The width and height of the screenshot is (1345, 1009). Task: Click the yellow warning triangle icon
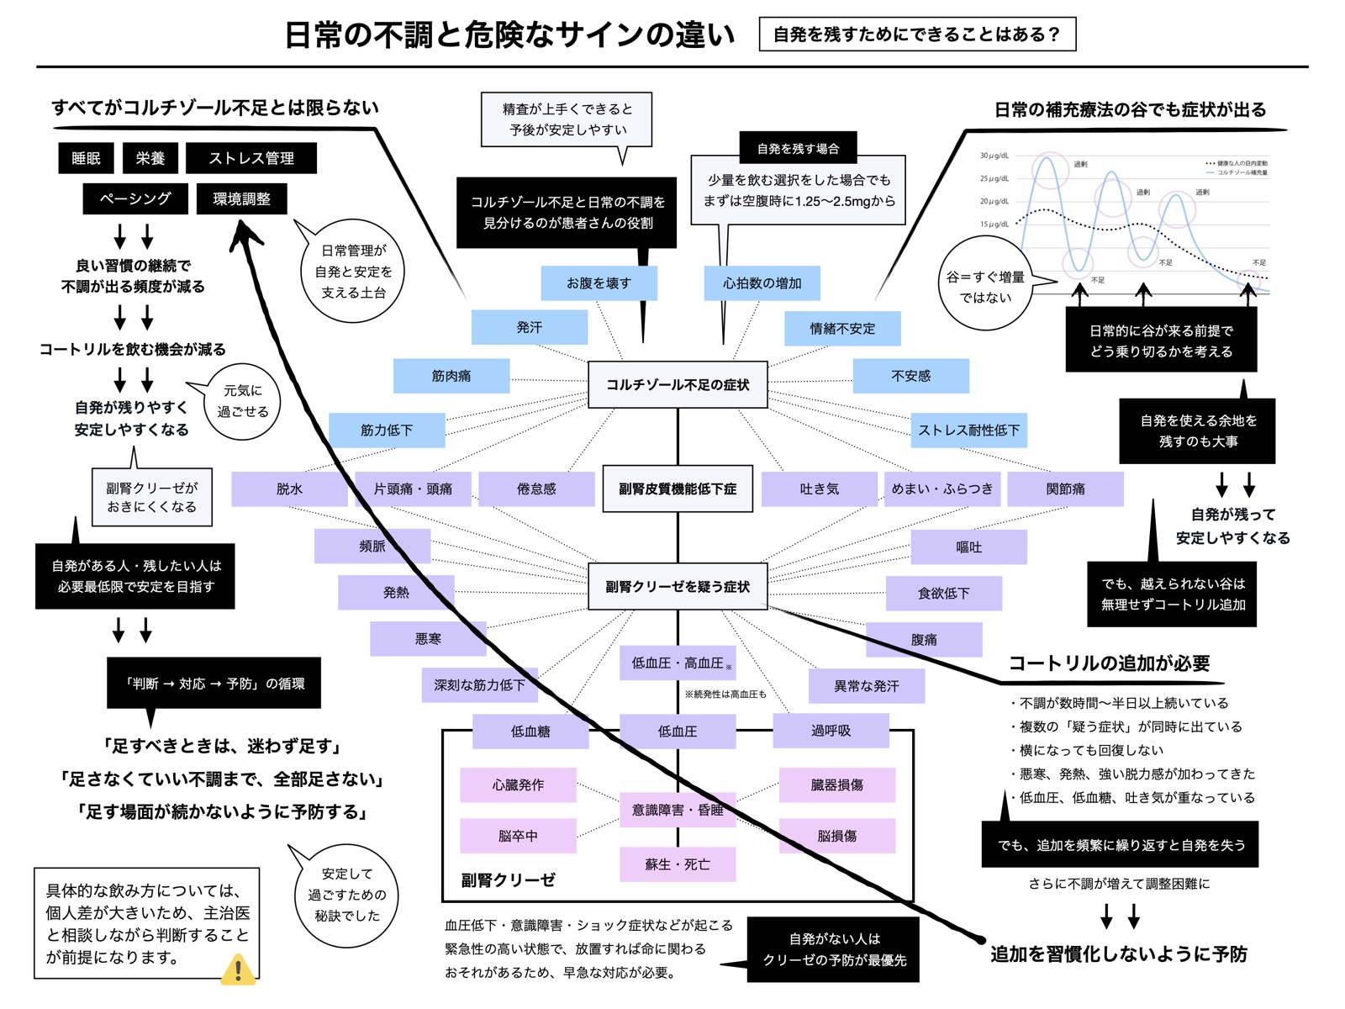tap(238, 969)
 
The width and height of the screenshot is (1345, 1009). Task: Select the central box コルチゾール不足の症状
tap(678, 385)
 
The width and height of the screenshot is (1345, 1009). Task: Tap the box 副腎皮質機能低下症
tap(678, 489)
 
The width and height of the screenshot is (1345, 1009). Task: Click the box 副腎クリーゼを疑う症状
tap(678, 587)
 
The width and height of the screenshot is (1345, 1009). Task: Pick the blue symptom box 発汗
tap(529, 327)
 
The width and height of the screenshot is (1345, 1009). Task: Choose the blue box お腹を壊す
tap(599, 283)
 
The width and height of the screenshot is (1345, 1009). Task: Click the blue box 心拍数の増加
tap(762, 283)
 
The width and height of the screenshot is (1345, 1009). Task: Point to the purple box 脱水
tap(289, 489)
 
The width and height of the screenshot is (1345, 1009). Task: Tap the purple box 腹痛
tap(924, 640)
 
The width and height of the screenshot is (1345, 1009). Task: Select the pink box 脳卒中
tap(518, 836)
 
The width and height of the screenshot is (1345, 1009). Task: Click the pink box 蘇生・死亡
tap(678, 864)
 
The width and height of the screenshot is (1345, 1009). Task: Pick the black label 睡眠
tap(86, 158)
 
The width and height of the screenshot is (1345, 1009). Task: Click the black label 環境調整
tap(241, 199)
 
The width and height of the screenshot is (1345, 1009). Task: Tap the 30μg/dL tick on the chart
tap(994, 156)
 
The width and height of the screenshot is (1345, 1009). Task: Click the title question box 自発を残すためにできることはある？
tap(917, 34)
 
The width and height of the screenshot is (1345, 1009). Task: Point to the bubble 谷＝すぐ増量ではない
tap(985, 287)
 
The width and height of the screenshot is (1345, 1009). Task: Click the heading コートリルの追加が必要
tap(1109, 663)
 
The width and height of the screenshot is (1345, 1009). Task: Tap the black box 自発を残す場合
tap(798, 149)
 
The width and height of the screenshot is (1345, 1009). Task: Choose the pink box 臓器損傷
tap(836, 784)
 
